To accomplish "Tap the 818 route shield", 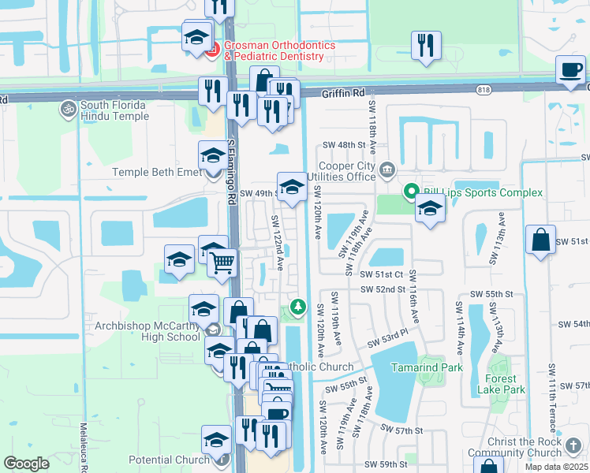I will click(x=483, y=91).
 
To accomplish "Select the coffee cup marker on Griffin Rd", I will click(x=571, y=69).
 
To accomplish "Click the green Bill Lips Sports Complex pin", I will click(x=410, y=192).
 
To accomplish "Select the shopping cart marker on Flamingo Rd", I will click(x=223, y=262).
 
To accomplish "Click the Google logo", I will click(x=26, y=463).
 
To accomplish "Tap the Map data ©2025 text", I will click(x=557, y=467).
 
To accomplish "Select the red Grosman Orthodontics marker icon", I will click(x=211, y=51).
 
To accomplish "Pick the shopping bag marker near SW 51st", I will click(x=541, y=240).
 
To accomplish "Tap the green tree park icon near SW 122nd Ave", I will click(x=297, y=306).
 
